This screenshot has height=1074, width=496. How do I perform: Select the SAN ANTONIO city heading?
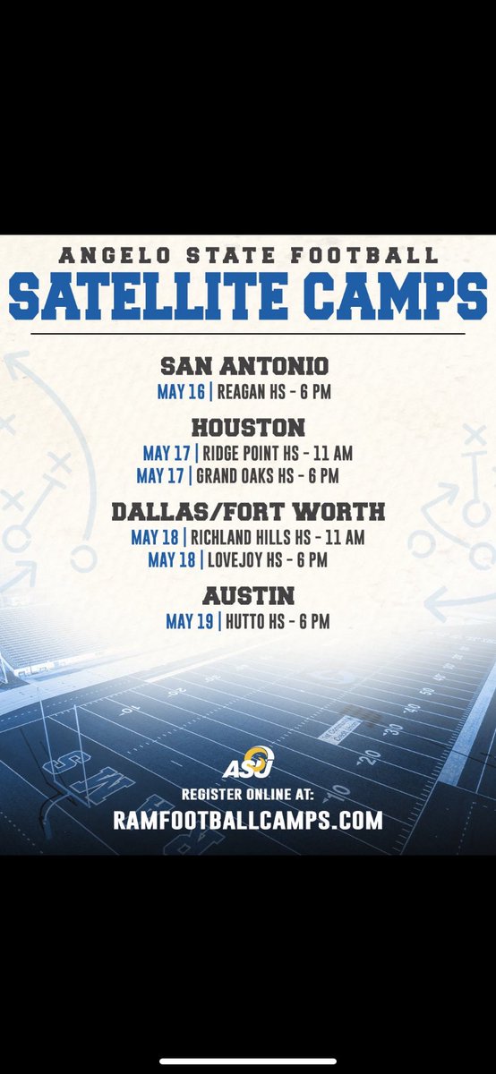pyautogui.click(x=244, y=366)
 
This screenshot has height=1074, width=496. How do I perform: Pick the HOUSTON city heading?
pyautogui.click(x=247, y=427)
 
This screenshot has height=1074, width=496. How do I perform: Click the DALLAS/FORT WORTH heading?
pyautogui.click(x=248, y=512)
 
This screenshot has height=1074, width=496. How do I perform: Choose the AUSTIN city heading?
pyautogui.click(x=248, y=595)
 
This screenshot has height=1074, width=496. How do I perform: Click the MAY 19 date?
pyautogui.click(x=189, y=620)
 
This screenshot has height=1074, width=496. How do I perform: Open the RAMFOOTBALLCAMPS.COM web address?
pyautogui.click(x=248, y=819)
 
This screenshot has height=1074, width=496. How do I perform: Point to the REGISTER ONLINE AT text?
pyautogui.click(x=247, y=793)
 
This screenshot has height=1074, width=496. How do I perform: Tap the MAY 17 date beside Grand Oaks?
pyautogui.click(x=163, y=476)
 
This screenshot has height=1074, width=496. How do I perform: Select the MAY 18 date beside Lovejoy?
pyautogui.click(x=171, y=560)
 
